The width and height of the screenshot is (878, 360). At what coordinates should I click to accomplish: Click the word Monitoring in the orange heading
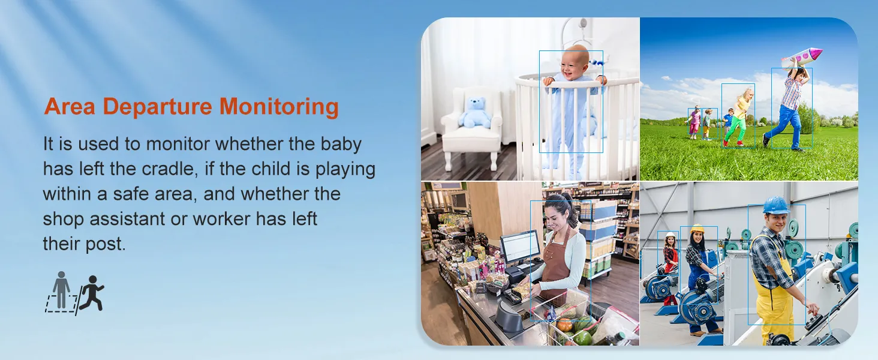(279, 107)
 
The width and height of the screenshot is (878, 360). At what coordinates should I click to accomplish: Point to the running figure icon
(91, 293)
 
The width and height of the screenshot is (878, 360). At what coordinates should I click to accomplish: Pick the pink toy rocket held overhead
(802, 58)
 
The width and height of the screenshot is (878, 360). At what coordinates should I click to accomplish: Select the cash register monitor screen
(520, 246)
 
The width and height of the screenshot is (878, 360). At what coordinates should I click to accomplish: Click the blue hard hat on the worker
(775, 205)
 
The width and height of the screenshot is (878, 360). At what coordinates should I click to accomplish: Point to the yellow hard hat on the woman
(697, 228)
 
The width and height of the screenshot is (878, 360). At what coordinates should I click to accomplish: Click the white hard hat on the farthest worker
(671, 235)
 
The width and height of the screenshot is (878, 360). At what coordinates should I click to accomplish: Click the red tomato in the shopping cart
(565, 325)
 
